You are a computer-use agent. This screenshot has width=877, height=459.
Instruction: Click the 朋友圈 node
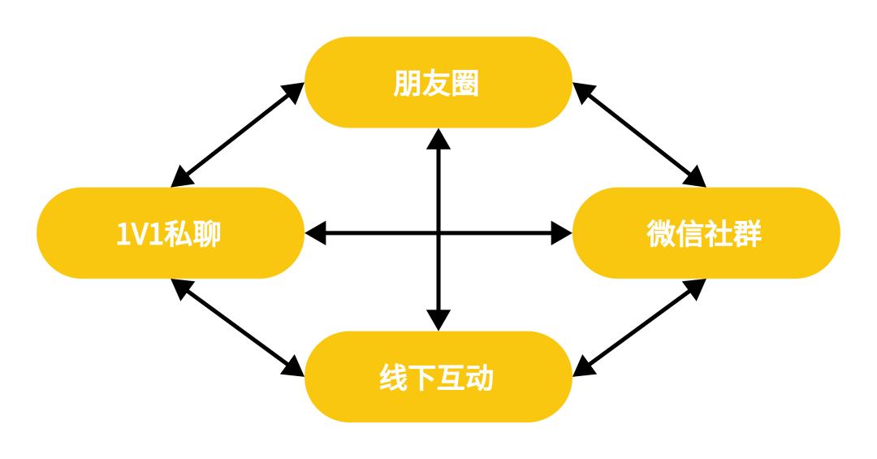438,82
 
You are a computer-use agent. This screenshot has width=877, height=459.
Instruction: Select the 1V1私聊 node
171,233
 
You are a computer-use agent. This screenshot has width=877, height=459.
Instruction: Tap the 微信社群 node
706,233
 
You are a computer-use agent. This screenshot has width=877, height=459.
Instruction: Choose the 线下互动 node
438,376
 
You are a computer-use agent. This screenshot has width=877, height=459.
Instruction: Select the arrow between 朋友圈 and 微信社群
639,135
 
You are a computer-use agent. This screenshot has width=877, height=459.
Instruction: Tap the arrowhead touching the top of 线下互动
438,320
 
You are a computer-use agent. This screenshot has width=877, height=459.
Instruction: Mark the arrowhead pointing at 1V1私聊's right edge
316,233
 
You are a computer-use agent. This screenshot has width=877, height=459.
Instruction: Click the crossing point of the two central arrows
438,233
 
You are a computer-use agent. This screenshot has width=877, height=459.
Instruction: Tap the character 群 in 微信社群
747,234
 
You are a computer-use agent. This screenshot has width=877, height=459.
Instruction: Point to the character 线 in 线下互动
394,378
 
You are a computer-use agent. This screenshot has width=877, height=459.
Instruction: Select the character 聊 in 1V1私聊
207,234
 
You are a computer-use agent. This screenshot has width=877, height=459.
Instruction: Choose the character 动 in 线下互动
480,378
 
